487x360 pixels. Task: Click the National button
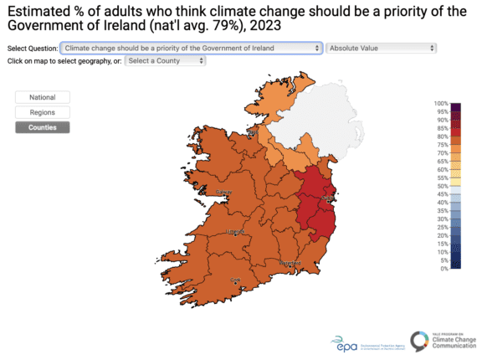coord(42,97)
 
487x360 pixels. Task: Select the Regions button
coord(42,112)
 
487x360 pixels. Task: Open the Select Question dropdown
coord(192,49)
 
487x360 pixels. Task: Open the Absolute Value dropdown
coord(382,49)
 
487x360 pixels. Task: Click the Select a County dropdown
coord(166,61)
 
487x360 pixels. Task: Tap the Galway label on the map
coord(225,193)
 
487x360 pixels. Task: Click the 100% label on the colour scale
coord(441,103)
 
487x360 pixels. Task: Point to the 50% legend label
coord(443,186)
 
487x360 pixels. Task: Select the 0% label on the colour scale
coord(444,269)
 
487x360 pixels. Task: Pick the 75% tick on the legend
coord(443,145)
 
